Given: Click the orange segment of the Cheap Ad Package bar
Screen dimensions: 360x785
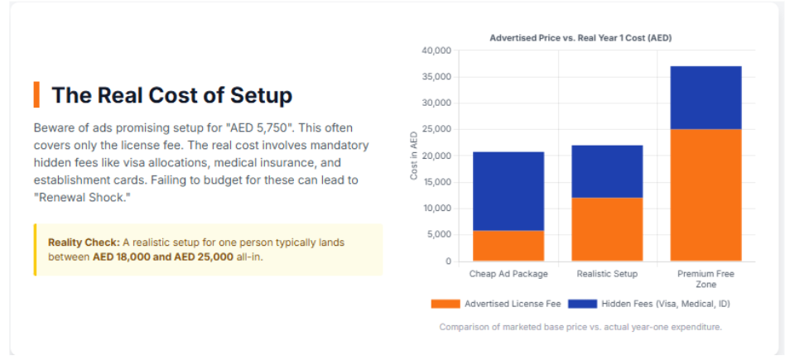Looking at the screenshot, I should (508, 246).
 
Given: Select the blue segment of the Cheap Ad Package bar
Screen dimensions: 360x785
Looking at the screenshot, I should (508, 191).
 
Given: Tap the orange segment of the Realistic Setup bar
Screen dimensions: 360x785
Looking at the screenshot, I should (607, 229).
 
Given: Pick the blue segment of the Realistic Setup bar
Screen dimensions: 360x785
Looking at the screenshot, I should (607, 171).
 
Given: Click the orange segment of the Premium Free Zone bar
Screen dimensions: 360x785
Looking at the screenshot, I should (706, 195).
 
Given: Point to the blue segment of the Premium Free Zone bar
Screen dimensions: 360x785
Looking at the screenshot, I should (706, 98).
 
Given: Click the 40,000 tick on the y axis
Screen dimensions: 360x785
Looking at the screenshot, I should (436, 50).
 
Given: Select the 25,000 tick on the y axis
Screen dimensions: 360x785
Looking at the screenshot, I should (436, 130).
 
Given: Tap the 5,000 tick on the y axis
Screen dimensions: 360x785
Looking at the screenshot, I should (438, 235).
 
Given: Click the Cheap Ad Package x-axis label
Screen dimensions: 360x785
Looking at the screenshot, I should (508, 273).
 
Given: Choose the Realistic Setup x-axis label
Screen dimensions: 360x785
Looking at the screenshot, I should (607, 273).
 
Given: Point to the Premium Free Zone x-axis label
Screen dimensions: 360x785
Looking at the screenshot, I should (706, 278).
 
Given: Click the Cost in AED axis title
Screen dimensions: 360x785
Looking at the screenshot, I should (413, 156).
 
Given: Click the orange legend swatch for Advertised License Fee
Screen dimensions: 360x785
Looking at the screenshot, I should (445, 304).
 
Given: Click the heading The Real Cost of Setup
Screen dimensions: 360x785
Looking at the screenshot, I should (171, 95).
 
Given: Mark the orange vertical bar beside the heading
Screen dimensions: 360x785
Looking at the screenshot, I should (36, 94).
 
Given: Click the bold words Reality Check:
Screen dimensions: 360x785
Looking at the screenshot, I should (84, 242).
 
